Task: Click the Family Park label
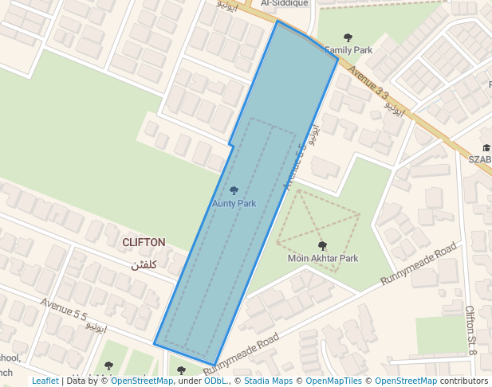click(348, 50)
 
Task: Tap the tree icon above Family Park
click(348, 37)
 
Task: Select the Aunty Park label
click(234, 203)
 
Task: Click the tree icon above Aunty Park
click(234, 190)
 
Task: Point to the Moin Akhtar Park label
click(323, 258)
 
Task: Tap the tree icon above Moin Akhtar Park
click(322, 245)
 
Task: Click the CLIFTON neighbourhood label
click(144, 242)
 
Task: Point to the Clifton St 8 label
click(470, 330)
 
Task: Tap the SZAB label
click(480, 158)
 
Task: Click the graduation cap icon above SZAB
click(486, 147)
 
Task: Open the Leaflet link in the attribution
click(45, 381)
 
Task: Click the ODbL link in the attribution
click(215, 381)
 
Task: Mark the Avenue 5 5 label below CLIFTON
click(64, 310)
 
